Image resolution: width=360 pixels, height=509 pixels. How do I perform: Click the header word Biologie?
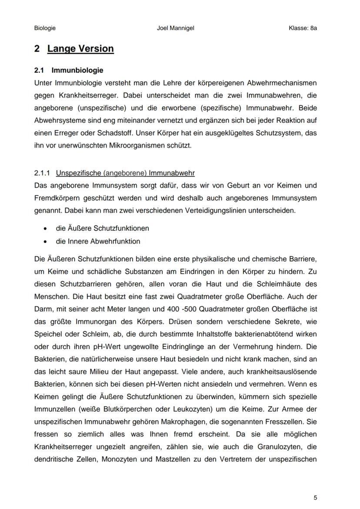tap(45, 28)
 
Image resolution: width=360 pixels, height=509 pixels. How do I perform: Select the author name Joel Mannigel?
tap(175, 28)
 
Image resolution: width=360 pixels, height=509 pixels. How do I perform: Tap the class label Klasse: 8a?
tap(303, 28)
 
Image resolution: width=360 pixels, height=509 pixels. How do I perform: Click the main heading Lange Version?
tap(80, 49)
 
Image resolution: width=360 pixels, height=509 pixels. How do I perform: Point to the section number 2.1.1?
tap(43, 173)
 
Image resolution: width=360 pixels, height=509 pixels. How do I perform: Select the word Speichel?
tap(47, 335)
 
